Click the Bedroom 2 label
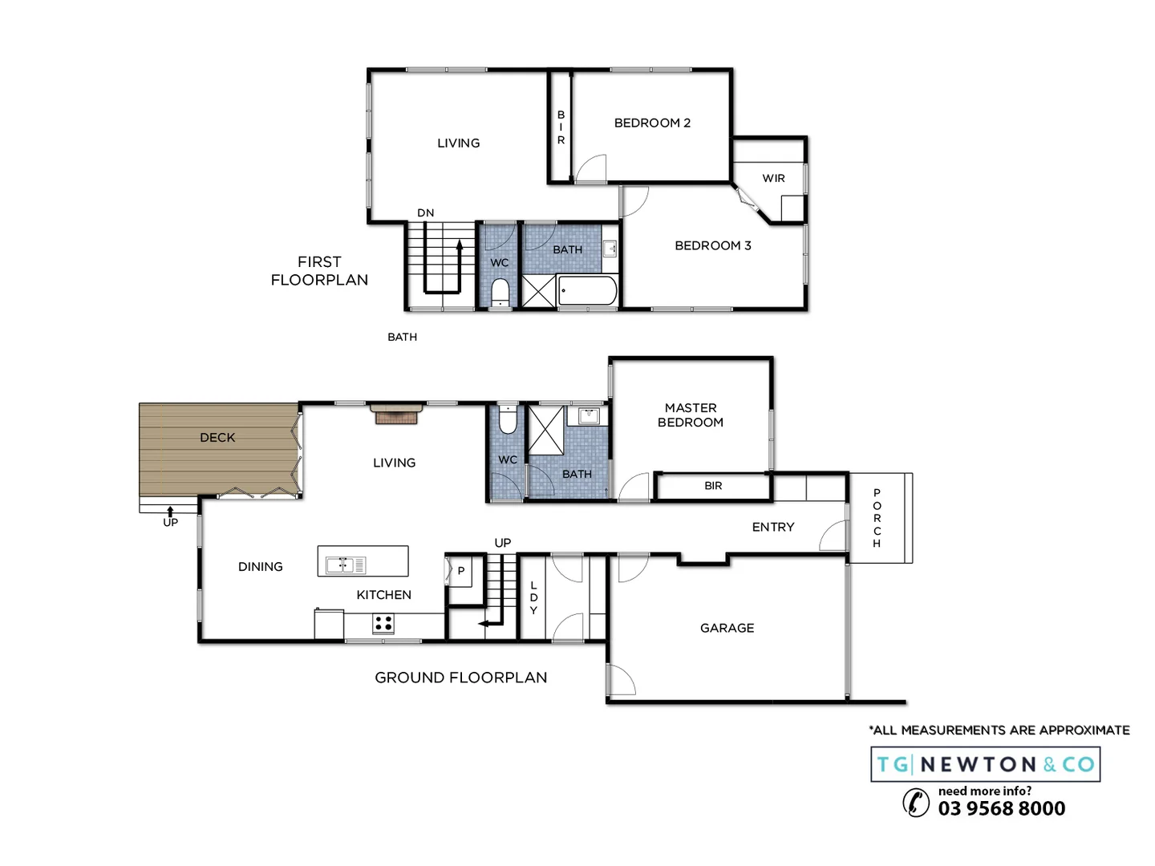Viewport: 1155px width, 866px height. click(x=652, y=123)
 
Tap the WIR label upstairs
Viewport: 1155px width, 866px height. click(x=773, y=178)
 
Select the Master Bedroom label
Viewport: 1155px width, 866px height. click(x=690, y=415)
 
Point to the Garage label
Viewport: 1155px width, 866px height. click(x=727, y=628)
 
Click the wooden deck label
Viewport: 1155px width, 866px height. click(x=217, y=437)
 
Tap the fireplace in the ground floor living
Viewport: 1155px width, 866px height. click(x=396, y=415)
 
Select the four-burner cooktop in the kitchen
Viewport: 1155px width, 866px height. click(x=383, y=623)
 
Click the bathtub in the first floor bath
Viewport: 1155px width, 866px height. click(x=587, y=290)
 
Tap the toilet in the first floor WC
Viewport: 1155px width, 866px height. click(x=500, y=292)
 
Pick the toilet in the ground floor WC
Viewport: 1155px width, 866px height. click(x=508, y=420)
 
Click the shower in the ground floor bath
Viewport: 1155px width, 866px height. click(x=546, y=430)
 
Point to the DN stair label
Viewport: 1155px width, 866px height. click(x=425, y=212)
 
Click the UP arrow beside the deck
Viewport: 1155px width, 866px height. click(x=170, y=511)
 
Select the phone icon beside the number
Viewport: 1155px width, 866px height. click(x=916, y=802)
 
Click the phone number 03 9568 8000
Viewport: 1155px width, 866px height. click(x=1002, y=808)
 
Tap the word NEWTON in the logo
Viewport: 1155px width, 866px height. click(x=978, y=764)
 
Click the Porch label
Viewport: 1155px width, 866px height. click(x=877, y=518)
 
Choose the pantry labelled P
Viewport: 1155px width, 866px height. click(x=460, y=572)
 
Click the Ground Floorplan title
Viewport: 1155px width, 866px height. click(x=460, y=678)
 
